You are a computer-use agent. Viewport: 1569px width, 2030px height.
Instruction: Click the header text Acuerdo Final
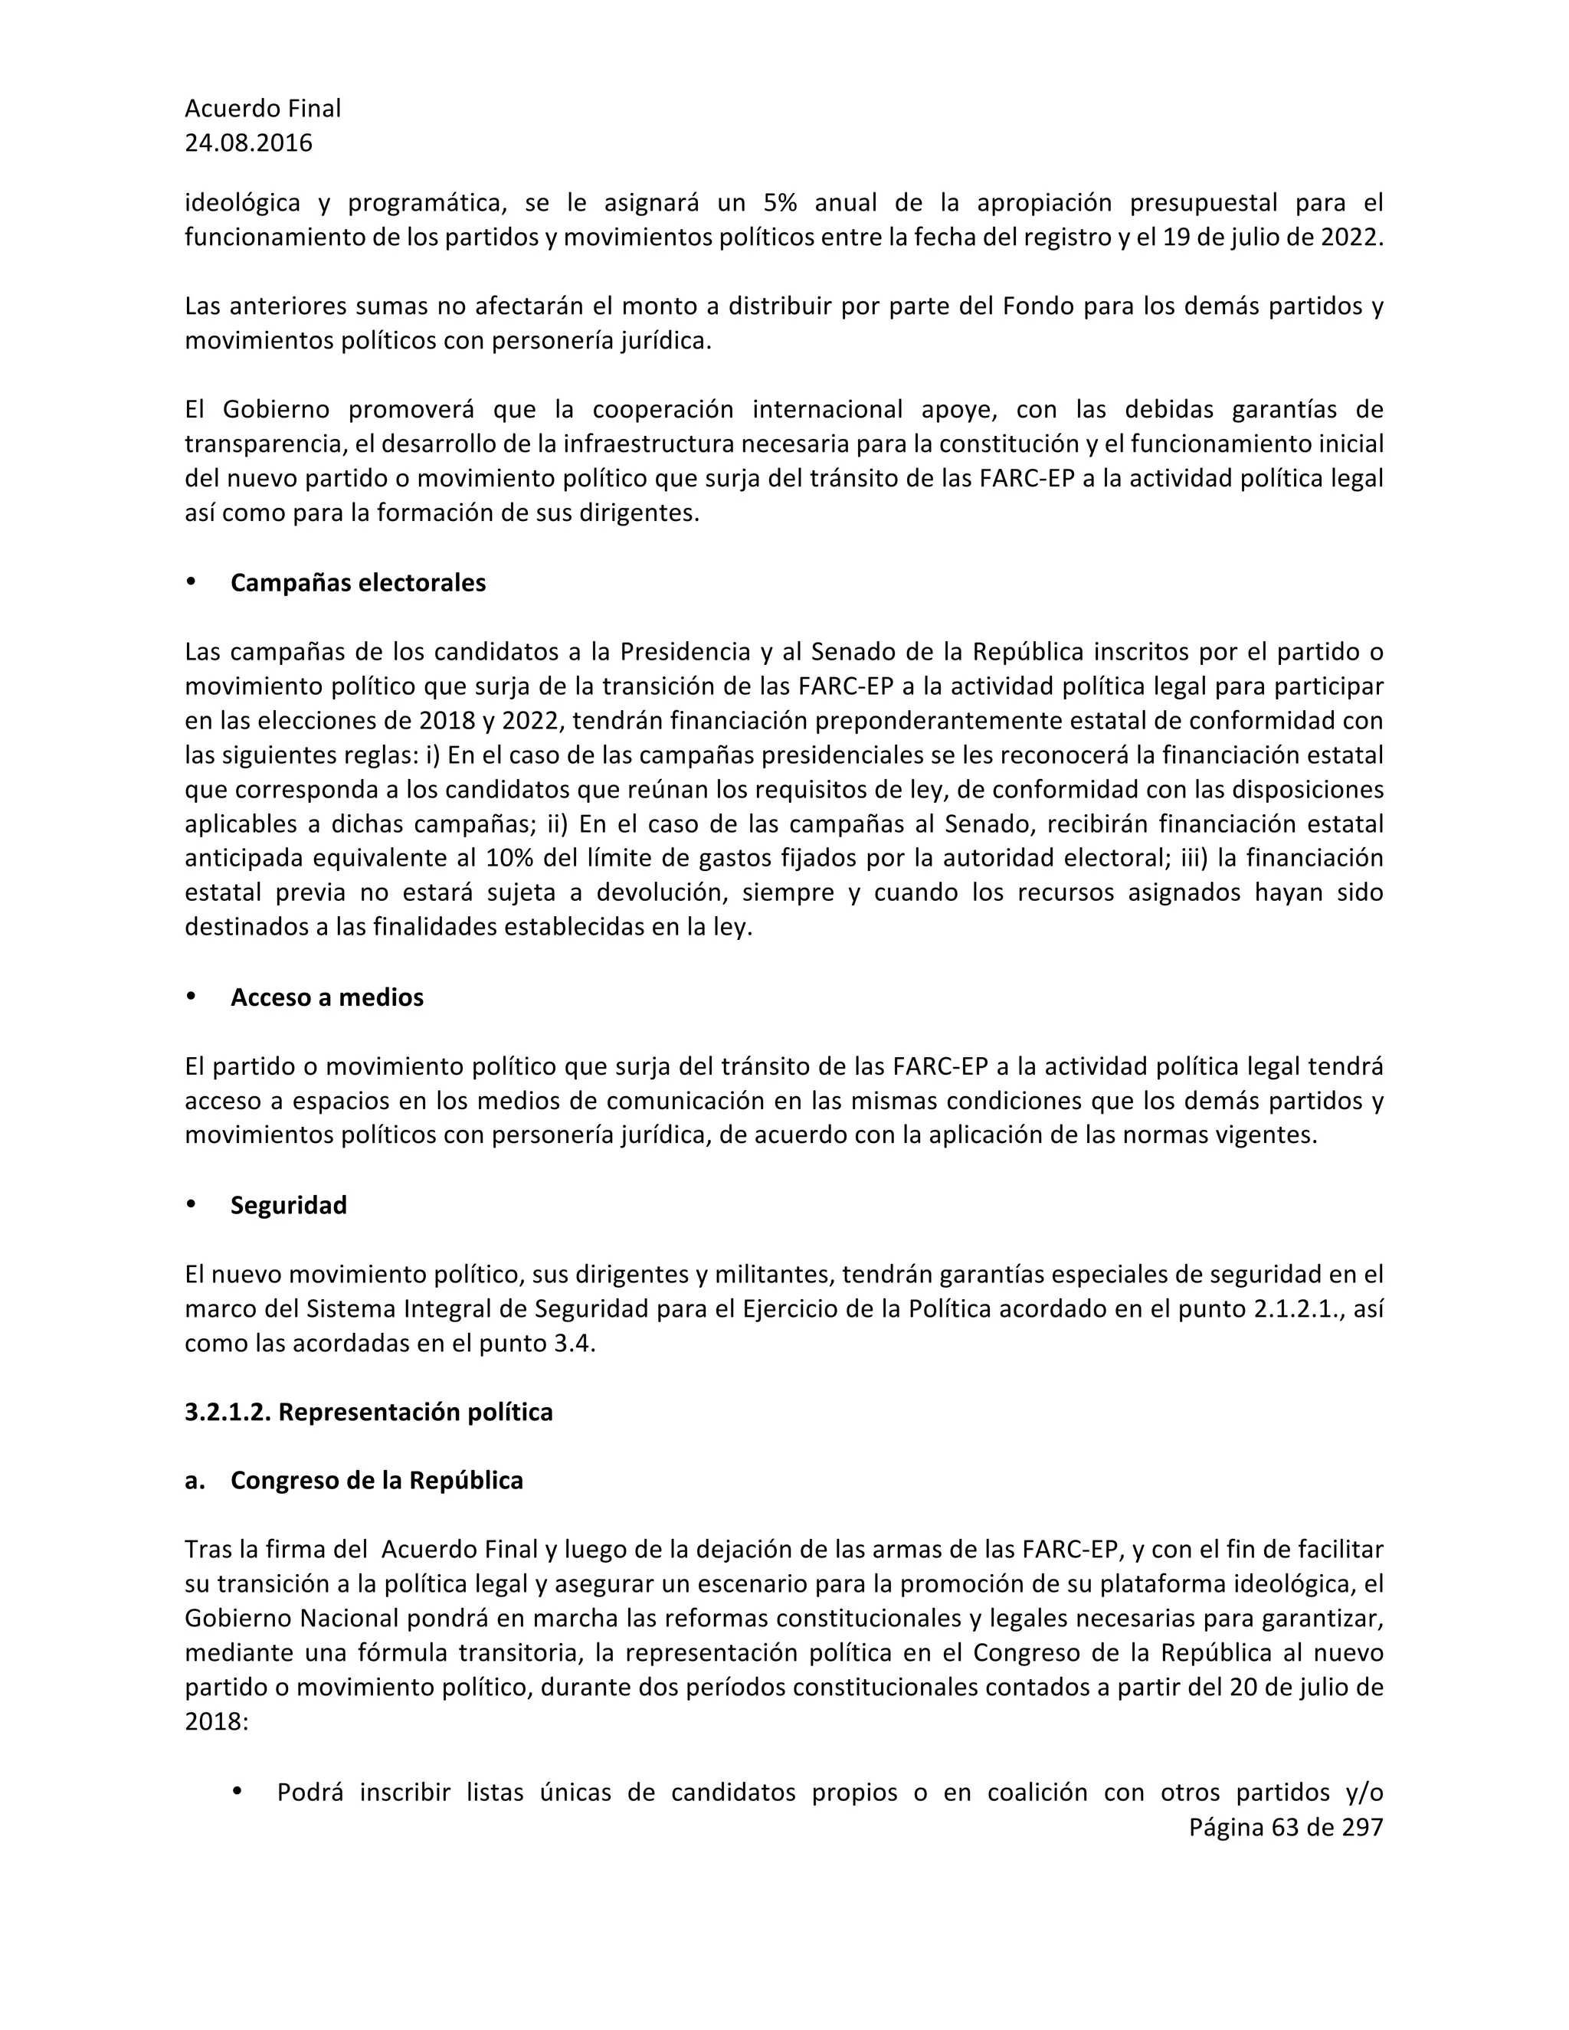coord(262,109)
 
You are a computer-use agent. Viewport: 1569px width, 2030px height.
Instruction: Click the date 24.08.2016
coord(248,143)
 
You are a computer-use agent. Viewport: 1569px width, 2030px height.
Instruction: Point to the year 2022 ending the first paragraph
coord(1351,237)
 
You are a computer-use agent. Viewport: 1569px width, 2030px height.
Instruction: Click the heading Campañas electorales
coord(358,583)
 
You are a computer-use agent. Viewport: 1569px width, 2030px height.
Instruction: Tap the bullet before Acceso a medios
coord(192,996)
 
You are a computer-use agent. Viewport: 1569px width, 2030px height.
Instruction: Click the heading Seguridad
coord(288,1205)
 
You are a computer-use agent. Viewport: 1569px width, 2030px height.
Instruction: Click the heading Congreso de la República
coord(376,1481)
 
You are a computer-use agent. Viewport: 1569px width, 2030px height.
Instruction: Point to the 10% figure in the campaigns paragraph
coord(506,858)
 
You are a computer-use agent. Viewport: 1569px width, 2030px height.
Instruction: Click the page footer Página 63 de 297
coord(1286,1827)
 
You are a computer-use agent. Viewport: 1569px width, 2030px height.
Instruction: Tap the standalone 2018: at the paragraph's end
coord(215,1722)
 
